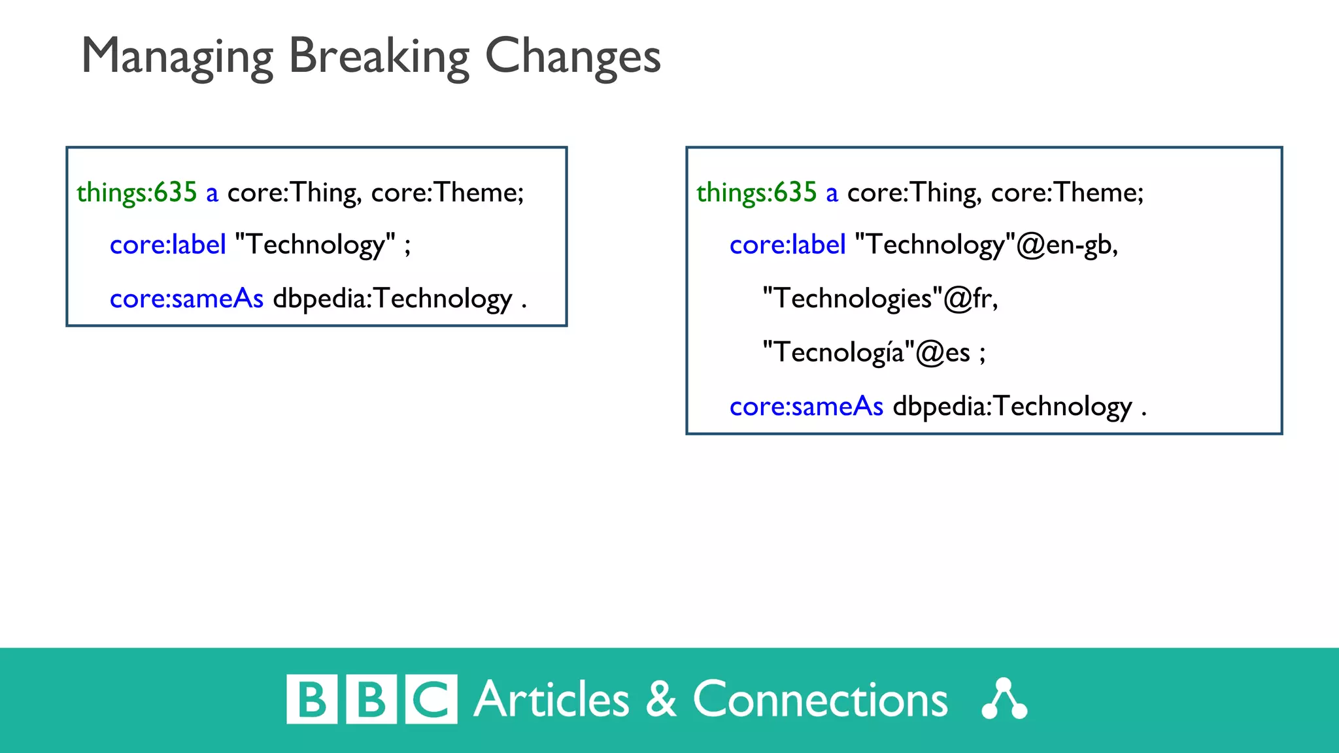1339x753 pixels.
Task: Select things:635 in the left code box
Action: pos(136,193)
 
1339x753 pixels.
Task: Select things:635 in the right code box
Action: pos(756,193)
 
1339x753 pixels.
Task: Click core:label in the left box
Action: pos(167,245)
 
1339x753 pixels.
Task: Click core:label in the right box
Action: pos(787,245)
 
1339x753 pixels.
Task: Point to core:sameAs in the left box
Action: pos(186,299)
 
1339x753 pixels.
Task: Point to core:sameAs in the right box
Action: pos(806,407)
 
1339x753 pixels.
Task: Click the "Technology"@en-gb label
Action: pos(985,245)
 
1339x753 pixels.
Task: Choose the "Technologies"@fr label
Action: pos(879,299)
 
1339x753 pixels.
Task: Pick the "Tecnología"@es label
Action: pos(866,353)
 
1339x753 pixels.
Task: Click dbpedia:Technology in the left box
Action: pos(392,299)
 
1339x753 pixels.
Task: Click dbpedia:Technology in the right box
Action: pos(1012,407)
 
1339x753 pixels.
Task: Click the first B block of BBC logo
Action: pos(312,699)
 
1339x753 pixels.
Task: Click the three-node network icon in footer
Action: pos(1004,699)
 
